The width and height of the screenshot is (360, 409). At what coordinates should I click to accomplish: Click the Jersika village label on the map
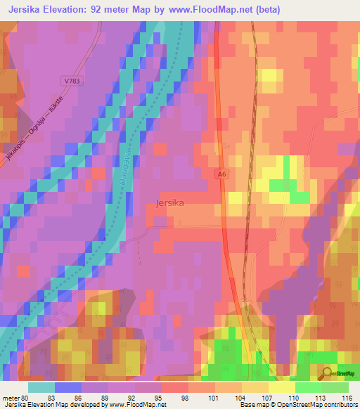169,204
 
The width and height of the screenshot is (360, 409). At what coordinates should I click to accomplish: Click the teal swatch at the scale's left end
41,387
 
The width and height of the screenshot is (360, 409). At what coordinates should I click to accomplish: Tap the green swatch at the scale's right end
335,387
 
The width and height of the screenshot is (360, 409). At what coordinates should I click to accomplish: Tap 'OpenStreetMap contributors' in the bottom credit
321,405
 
